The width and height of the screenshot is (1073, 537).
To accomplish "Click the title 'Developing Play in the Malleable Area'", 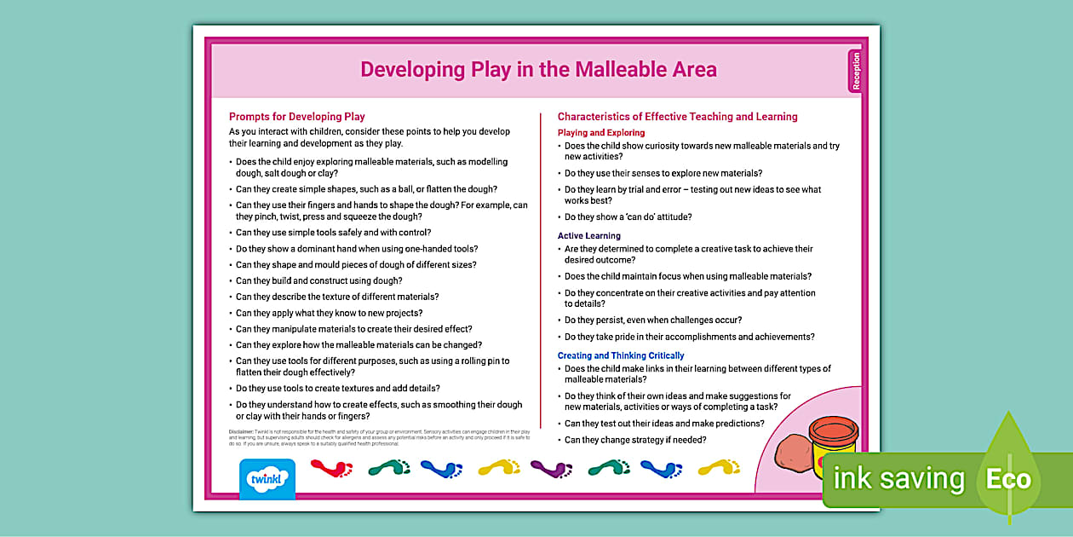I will pyautogui.click(x=538, y=69).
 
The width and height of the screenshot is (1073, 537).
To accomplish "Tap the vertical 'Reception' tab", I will pyautogui.click(x=856, y=71).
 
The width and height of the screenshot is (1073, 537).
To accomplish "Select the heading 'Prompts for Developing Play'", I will pyautogui.click(x=296, y=117).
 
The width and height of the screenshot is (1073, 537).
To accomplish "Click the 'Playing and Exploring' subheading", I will pyautogui.click(x=601, y=133).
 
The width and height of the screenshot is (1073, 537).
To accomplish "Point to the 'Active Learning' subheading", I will pyautogui.click(x=589, y=236).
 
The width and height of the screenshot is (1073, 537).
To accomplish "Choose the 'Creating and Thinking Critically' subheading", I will pyautogui.click(x=621, y=355).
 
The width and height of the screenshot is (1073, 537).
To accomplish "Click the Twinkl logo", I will pyautogui.click(x=267, y=479).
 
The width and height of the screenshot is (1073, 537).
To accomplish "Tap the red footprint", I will pyautogui.click(x=331, y=468).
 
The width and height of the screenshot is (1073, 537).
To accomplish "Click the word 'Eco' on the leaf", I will pyautogui.click(x=1008, y=479).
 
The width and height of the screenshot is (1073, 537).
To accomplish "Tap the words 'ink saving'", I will pyautogui.click(x=898, y=479).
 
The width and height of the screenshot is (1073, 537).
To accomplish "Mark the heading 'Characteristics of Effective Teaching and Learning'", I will pyautogui.click(x=677, y=117).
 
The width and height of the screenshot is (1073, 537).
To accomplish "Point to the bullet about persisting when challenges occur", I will pyautogui.click(x=652, y=320).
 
